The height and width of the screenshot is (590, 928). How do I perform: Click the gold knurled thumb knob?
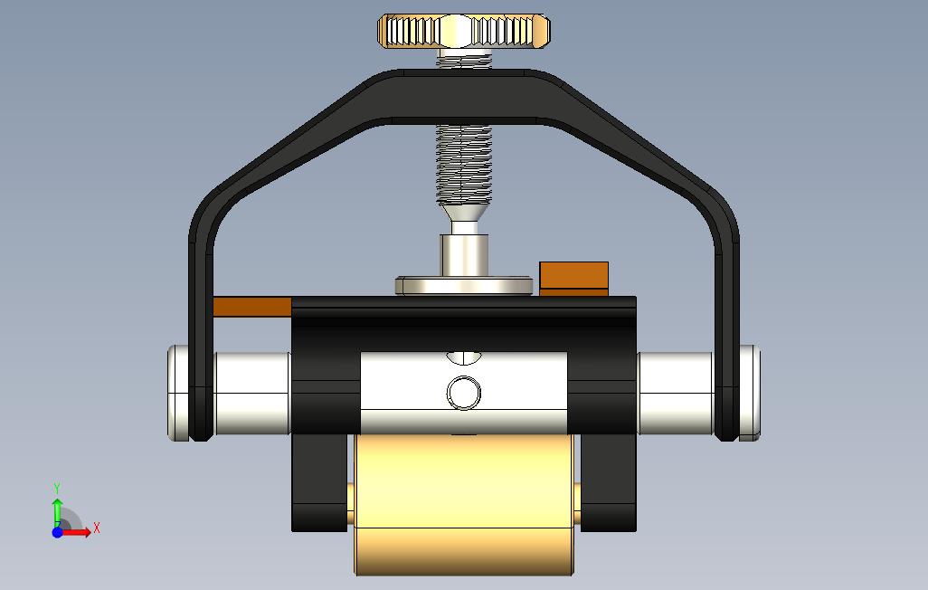click(464, 31)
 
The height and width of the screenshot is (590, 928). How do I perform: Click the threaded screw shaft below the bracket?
click(464, 164)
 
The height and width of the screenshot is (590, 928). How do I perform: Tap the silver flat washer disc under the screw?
click(464, 286)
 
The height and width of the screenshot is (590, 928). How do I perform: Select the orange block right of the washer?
click(573, 279)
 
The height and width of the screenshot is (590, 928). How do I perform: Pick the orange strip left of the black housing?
click(252, 307)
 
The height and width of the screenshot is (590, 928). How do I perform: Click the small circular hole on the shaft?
click(463, 392)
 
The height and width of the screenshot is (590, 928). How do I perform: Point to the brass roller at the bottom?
click(464, 505)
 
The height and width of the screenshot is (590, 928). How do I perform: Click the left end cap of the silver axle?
click(178, 393)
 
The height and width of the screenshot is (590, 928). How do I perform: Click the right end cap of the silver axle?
click(749, 393)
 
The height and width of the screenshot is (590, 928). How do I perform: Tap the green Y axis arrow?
click(57, 512)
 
